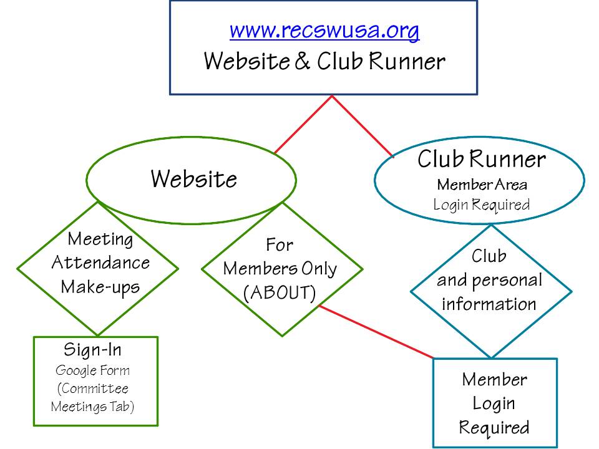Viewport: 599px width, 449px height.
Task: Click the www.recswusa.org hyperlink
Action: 324,30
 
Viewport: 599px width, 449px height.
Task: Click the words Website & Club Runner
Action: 324,61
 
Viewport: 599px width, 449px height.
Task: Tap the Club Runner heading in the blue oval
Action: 481,160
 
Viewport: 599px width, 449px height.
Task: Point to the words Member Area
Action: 482,185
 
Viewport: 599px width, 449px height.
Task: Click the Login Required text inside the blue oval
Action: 482,204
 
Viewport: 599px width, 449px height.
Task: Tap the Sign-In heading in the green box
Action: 92,349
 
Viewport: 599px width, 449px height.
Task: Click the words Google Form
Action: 93,370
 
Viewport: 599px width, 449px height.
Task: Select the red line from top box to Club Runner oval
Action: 362,125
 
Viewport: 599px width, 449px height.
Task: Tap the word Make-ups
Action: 100,287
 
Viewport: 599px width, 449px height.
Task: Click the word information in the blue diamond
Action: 489,304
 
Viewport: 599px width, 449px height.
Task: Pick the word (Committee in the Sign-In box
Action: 93,389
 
